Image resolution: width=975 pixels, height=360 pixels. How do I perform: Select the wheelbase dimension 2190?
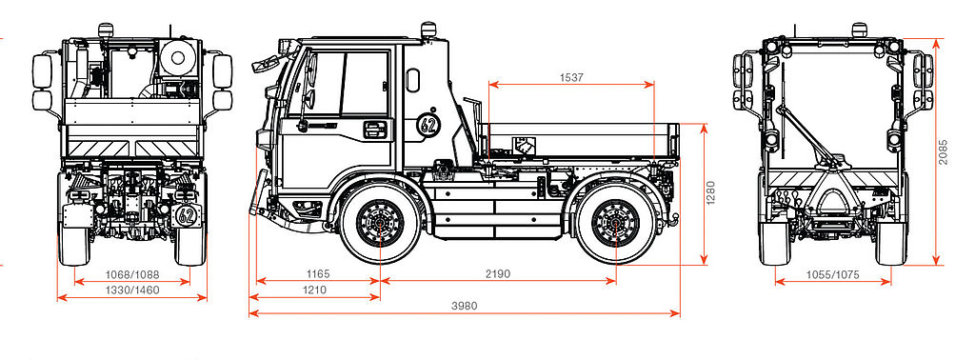[x=498, y=273]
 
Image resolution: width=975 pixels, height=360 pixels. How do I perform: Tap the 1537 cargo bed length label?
[x=572, y=78]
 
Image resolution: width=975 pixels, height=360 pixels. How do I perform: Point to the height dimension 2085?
[x=944, y=151]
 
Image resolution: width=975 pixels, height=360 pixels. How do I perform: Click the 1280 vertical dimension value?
[x=710, y=192]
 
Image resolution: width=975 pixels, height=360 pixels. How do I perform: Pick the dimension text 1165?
[x=318, y=273]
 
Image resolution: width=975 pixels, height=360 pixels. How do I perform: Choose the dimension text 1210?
[x=314, y=290]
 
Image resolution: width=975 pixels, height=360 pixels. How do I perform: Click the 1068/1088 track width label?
[x=131, y=274]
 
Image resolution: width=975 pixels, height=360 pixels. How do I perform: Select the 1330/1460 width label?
[x=131, y=290]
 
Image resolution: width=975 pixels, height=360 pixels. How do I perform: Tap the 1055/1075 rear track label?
[x=832, y=274]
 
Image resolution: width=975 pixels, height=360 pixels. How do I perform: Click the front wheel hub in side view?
[x=380, y=223]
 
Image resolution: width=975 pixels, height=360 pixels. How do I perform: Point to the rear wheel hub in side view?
[x=616, y=223]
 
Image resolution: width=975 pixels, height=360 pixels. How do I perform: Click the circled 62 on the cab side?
[x=428, y=125]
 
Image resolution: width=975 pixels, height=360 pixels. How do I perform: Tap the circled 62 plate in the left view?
[x=186, y=216]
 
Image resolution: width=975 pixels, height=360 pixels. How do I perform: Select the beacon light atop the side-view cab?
[x=428, y=30]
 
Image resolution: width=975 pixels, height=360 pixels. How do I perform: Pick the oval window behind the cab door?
[x=412, y=81]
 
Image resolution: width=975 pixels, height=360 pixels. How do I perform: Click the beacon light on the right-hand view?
[x=860, y=30]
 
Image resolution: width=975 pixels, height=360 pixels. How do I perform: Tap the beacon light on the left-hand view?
[x=105, y=30]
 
